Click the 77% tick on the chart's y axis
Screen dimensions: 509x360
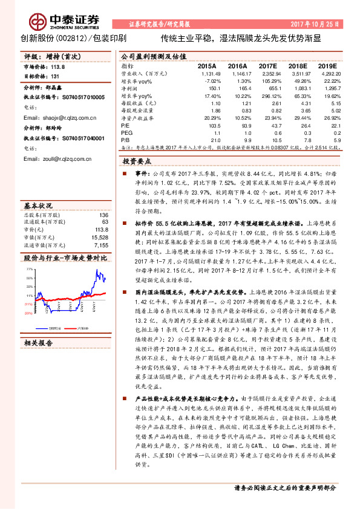point(28,267)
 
